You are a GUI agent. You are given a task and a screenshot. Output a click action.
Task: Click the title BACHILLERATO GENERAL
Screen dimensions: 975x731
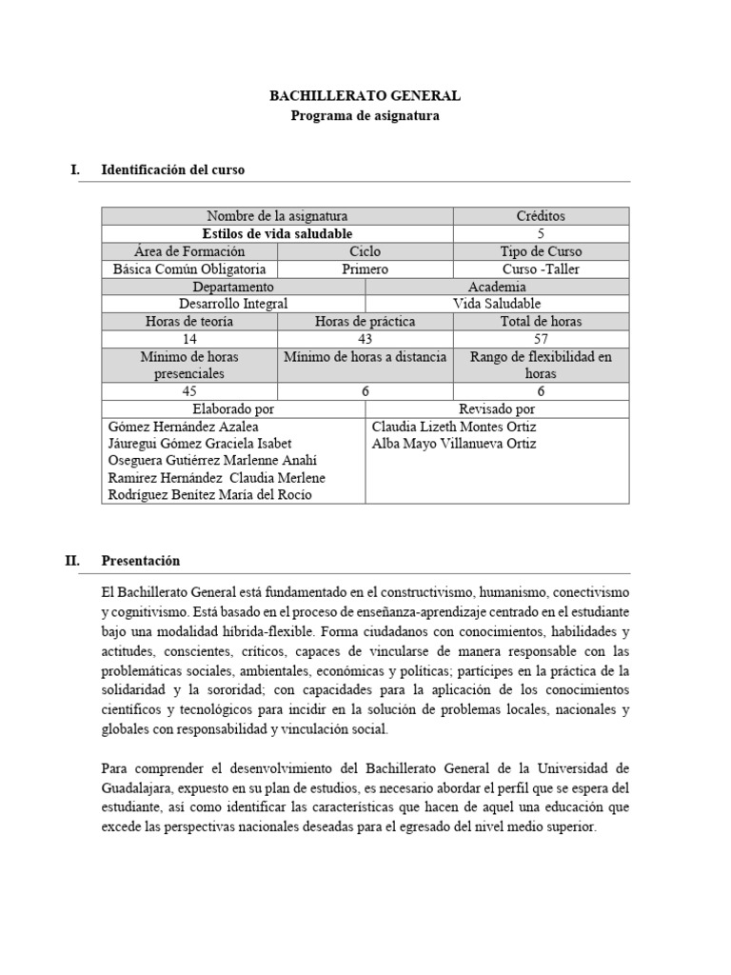click(365, 96)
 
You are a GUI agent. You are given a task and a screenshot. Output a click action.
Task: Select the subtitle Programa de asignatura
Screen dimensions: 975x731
click(365, 115)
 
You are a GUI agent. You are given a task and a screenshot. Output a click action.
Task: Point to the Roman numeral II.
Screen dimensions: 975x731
click(72, 561)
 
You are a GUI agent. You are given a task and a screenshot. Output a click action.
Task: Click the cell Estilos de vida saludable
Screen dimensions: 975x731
click(277, 233)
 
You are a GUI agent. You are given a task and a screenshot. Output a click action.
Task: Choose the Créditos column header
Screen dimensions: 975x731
click(541, 216)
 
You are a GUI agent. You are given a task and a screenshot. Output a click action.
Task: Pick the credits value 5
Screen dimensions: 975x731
click(541, 233)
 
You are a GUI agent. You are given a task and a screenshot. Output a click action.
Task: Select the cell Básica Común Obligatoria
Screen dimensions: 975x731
click(189, 269)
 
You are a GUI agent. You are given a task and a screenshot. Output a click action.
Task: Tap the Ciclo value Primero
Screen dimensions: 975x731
click(365, 269)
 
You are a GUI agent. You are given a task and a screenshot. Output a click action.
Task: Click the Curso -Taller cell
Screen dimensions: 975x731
click(541, 269)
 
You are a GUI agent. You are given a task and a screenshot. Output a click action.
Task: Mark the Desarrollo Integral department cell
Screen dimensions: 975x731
click(233, 304)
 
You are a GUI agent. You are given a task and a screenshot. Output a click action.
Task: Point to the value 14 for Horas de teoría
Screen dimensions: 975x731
click(189, 339)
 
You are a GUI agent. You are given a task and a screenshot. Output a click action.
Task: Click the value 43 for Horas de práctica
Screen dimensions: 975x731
click(365, 339)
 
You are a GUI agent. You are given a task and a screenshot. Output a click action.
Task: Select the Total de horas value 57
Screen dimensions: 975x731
click(541, 339)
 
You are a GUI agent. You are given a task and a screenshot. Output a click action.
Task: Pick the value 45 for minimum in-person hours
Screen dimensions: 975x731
click(189, 391)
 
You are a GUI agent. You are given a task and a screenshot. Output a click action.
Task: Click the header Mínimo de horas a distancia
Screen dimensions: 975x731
click(365, 357)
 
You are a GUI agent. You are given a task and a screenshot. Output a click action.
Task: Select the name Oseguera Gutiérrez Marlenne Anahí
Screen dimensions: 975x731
click(211, 461)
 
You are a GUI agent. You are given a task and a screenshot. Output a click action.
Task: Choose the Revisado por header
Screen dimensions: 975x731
click(497, 408)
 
